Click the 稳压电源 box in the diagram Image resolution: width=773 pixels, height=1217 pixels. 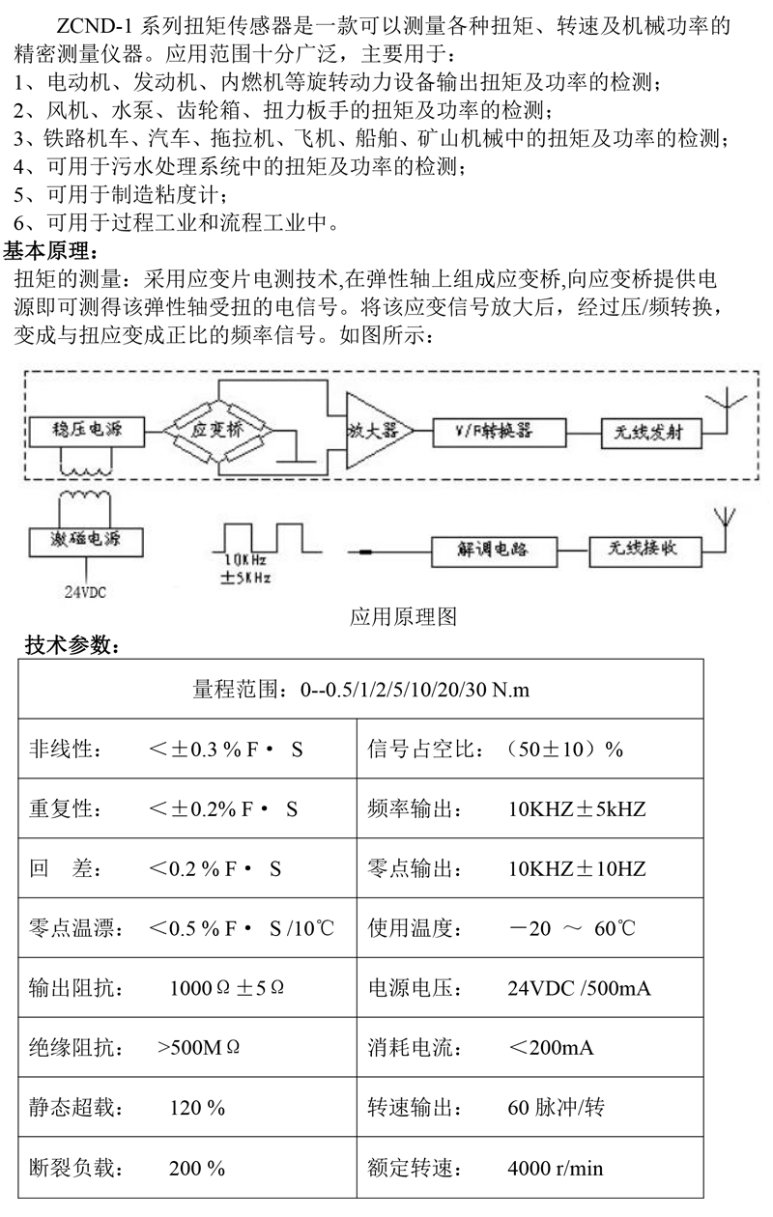click(87, 432)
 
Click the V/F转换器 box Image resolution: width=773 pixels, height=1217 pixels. click(499, 433)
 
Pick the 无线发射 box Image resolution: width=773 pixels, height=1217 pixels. click(650, 433)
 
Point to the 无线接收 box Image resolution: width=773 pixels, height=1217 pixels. click(645, 552)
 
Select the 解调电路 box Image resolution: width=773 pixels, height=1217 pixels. click(494, 552)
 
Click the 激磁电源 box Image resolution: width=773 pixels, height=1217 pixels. click(86, 542)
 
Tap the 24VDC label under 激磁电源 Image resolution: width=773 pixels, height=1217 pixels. click(85, 592)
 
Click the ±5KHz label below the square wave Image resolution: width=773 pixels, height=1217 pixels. click(245, 577)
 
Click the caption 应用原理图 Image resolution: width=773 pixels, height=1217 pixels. click(403, 616)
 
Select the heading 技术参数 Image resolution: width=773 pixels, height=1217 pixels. click(72, 645)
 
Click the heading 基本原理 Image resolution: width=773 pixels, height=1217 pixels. click(50, 251)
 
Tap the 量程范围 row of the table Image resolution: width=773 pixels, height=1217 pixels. click(361, 689)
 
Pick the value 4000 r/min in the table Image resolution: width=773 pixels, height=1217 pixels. click(555, 1168)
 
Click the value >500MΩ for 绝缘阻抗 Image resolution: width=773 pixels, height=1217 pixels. click(198, 1047)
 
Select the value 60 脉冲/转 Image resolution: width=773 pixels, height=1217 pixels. click(556, 1107)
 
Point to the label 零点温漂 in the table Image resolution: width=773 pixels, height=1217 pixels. click(75, 928)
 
